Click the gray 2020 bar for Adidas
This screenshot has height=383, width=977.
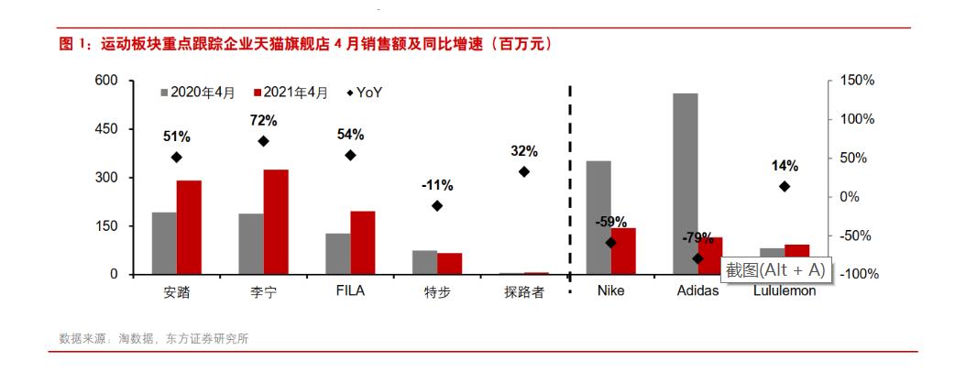685,183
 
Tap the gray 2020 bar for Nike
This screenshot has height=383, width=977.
598,217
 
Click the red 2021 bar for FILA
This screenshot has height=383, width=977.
363,243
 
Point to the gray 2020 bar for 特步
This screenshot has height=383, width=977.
424,262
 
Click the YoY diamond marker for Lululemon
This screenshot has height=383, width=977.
785,186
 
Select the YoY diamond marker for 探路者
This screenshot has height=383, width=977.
524,171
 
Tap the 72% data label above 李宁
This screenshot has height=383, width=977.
263,120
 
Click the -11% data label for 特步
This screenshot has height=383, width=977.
436,184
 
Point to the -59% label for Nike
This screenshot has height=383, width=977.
610,221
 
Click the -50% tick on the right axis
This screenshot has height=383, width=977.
854,235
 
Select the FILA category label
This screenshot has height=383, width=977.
350,292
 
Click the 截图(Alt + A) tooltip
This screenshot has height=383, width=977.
774,269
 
